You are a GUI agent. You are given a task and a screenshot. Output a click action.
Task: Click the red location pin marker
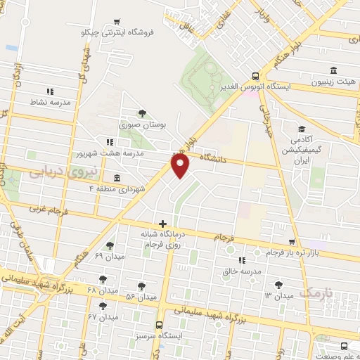(x=181, y=165)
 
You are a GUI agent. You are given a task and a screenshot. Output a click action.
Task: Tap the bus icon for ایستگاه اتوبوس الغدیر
(x=255, y=76)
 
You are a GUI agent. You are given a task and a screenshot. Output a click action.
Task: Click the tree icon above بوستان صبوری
(x=142, y=112)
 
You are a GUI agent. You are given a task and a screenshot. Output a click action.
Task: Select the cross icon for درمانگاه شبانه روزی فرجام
(x=162, y=224)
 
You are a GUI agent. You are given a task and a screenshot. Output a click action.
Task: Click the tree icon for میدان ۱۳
(x=280, y=284)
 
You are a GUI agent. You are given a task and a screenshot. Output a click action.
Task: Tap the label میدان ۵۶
(x=139, y=297)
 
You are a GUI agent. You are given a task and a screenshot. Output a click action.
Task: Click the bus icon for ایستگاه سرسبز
(x=159, y=325)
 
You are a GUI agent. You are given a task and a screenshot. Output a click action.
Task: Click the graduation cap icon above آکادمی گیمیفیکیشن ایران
(x=302, y=129)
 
